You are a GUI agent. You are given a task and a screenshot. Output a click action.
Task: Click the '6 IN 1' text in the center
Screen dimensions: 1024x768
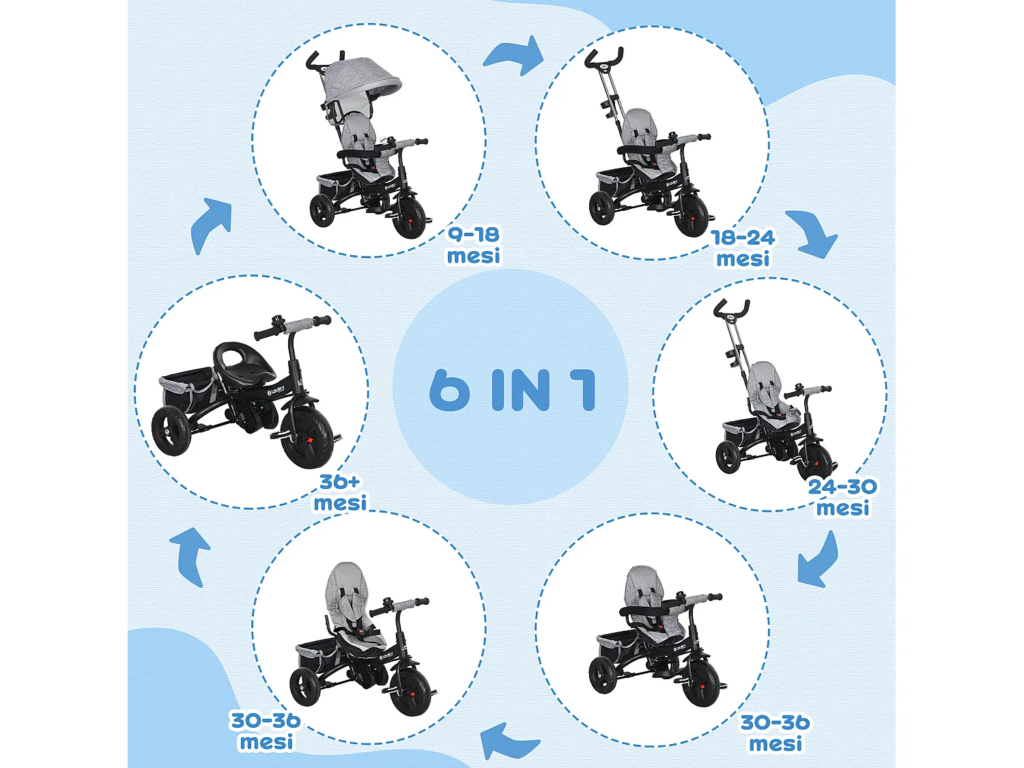click(x=512, y=390)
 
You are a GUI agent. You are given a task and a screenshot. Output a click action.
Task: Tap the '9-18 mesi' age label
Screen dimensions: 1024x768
click(x=474, y=245)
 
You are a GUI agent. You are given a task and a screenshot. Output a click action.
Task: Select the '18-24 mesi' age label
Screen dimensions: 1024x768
click(x=743, y=248)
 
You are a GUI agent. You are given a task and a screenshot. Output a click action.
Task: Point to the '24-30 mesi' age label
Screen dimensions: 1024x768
click(x=842, y=497)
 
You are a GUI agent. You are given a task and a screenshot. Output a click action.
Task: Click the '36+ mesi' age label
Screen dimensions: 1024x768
click(x=340, y=492)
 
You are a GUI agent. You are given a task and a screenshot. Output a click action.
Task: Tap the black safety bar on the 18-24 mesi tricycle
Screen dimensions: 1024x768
click(x=644, y=150)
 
